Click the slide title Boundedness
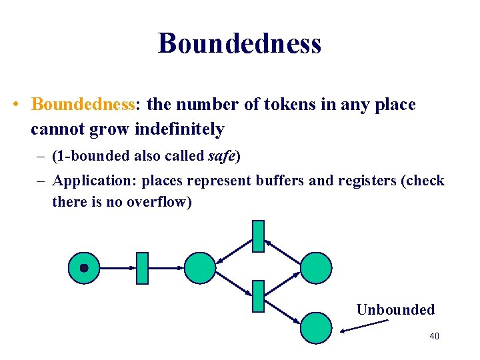tap(240, 43)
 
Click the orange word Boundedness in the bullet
tap(83, 105)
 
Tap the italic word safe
tap(221, 157)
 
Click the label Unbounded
tap(395, 309)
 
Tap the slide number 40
tap(434, 336)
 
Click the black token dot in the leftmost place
tap(84, 268)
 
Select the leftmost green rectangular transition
tap(141, 268)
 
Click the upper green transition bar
tap(258, 236)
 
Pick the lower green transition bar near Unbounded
tap(258, 297)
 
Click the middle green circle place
tap(200, 268)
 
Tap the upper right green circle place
tap(315, 268)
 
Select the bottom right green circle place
tap(315, 328)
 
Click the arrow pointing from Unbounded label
tap(364, 325)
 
